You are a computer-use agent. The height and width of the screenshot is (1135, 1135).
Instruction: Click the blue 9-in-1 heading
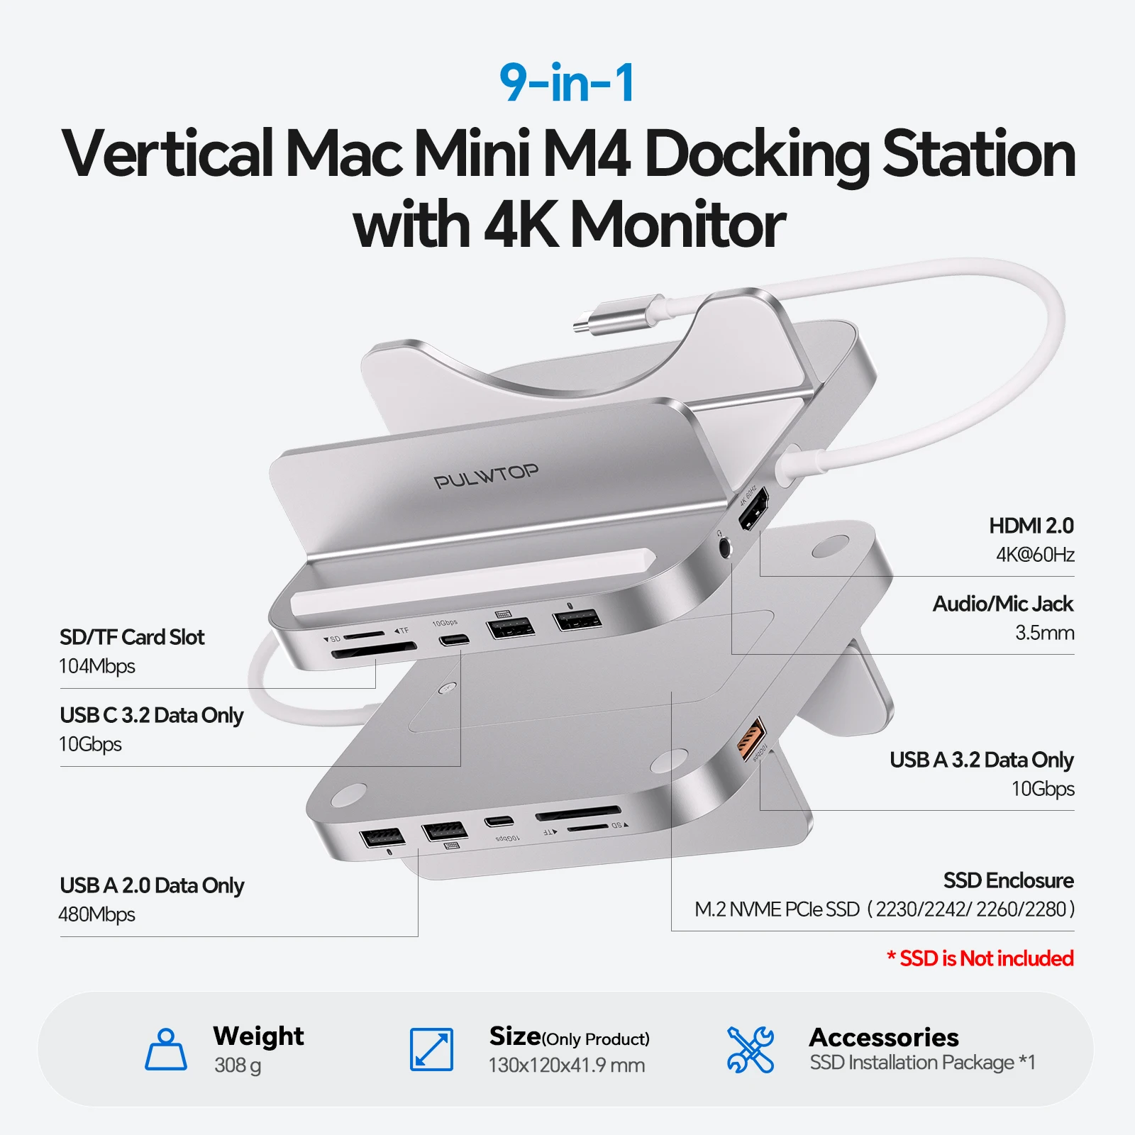[x=567, y=84]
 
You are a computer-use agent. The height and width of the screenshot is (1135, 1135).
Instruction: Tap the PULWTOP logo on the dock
[x=486, y=477]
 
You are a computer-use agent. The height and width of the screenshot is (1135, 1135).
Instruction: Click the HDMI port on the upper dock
[x=753, y=510]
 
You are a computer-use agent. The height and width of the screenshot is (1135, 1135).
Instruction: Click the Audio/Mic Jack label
[x=1002, y=604]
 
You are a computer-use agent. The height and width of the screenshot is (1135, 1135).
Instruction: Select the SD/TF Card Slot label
[x=132, y=637]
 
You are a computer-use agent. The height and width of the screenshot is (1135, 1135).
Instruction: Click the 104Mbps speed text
[x=97, y=666]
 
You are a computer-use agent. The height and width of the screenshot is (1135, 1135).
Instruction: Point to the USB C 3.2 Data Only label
[x=151, y=715]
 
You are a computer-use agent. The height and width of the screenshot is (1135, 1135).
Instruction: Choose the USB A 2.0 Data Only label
[x=152, y=885]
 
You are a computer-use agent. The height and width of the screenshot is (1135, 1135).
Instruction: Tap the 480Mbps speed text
[x=97, y=914]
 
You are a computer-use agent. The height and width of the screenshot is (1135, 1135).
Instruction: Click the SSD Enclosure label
[x=1008, y=880]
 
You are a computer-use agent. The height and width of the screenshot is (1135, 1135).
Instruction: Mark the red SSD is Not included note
[x=980, y=958]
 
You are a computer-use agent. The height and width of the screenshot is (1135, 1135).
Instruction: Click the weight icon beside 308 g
[x=166, y=1050]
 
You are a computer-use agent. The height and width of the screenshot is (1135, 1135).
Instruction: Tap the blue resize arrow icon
[x=431, y=1050]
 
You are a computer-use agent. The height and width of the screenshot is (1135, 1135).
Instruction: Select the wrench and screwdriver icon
[x=751, y=1050]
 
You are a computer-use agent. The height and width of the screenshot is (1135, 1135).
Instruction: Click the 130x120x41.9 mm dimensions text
[x=567, y=1065]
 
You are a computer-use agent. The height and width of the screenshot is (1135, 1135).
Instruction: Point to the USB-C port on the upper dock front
[x=454, y=641]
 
